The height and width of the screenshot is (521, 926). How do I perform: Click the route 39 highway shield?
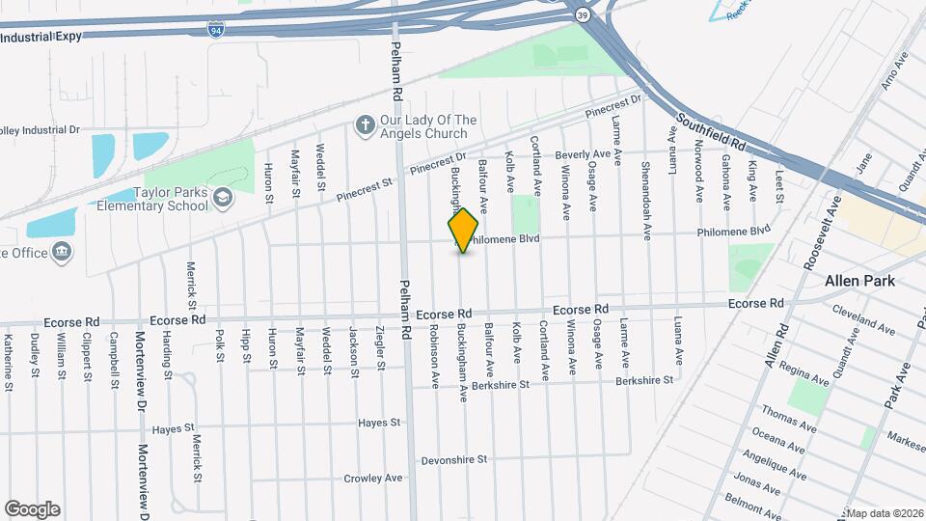tap(583, 14)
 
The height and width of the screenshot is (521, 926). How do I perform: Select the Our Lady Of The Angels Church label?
tap(428, 126)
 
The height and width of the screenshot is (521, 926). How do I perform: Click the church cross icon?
tap(365, 124)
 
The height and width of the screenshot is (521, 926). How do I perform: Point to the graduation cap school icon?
tap(224, 198)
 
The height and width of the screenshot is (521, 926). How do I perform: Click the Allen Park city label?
tap(859, 281)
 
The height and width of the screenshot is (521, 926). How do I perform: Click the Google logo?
tap(32, 508)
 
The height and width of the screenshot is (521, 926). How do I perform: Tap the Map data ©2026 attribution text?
tap(885, 512)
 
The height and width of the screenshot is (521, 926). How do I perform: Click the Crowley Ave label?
tap(372, 478)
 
